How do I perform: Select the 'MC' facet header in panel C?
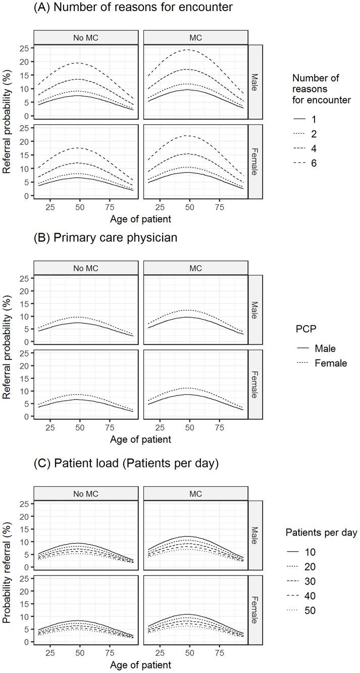(x=195, y=494)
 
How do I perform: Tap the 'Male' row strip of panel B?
(x=255, y=309)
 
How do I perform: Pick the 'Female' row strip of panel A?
(x=255, y=161)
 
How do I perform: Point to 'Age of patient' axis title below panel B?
(x=140, y=439)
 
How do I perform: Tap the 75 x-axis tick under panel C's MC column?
(x=220, y=651)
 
